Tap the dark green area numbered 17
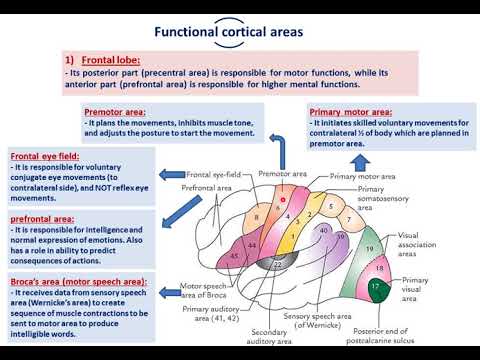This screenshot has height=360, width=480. coord(374,287)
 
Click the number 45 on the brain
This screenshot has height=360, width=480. coord(234,255)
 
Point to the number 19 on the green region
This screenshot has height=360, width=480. coord(369,247)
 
